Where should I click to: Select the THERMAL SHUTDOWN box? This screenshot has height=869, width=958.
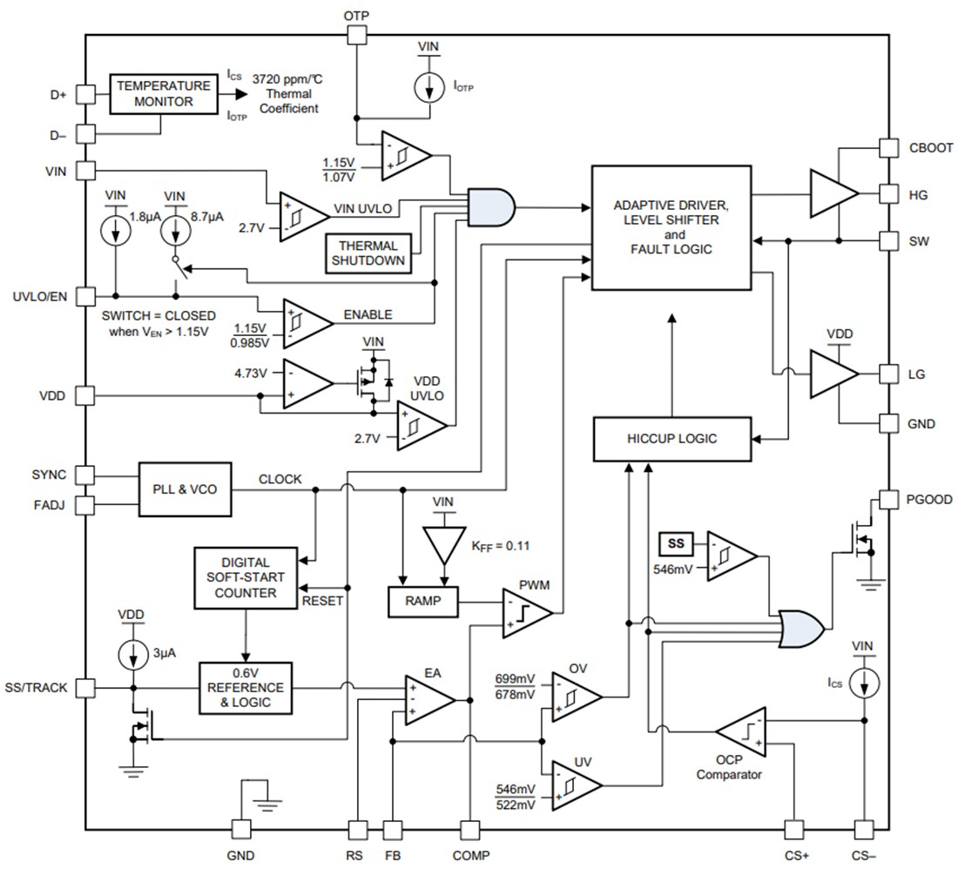pos(368,253)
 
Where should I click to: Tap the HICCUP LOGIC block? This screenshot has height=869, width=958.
pos(671,439)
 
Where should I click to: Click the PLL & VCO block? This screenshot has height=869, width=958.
pos(186,489)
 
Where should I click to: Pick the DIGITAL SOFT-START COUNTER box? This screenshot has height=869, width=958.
pos(246,578)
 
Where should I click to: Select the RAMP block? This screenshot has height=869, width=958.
pos(422,602)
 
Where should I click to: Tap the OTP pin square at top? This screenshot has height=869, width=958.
pos(355,35)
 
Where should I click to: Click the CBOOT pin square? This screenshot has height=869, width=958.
pos(887,148)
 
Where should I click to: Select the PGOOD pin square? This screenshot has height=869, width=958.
pos(887,500)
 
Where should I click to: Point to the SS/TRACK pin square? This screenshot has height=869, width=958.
pos(85,687)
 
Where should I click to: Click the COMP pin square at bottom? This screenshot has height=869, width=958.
pos(470,830)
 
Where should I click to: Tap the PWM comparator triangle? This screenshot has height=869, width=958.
pos(526,612)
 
